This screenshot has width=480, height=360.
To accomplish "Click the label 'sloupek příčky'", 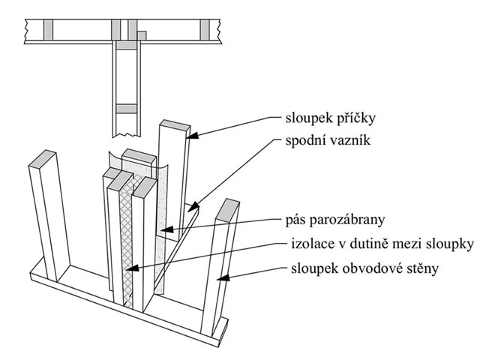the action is coord(330,118).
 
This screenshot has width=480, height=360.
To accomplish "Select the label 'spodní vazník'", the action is coord(328,140).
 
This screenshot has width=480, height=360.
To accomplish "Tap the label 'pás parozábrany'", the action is coord(335,220).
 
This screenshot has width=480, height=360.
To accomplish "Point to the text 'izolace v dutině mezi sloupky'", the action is coord(382,244).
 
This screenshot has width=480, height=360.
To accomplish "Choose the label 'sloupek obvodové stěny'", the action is coord(365,268).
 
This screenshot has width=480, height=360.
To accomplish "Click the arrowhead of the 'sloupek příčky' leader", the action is coord(193,135).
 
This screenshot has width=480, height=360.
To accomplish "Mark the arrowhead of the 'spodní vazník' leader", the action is coord(193,207).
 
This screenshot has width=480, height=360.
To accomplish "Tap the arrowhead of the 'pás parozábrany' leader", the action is coord(166,229).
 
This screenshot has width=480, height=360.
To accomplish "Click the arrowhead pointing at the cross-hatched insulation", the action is coord(132,268).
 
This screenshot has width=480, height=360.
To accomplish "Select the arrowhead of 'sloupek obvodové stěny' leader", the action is coord(223,278).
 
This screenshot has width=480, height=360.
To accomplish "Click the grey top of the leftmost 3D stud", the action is coord(43,159).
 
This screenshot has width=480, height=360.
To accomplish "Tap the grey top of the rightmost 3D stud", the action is coord(227,211).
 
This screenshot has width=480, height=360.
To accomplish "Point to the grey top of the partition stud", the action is coord(175,126).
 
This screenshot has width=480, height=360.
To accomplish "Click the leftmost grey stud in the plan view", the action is coord(48,29).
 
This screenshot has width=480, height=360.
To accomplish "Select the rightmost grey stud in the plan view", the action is coord(205,29).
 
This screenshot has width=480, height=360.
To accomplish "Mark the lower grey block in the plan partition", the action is coord(127,109).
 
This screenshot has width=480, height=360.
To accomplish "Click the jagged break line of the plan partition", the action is coord(127,135).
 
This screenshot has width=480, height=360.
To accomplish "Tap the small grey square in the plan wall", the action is coord(142,35).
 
